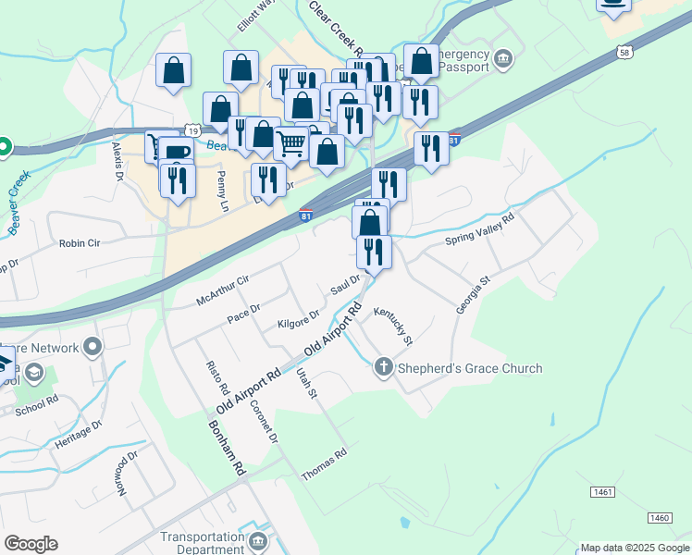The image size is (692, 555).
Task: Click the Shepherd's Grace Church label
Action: [470, 368]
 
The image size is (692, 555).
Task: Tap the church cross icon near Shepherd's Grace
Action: [384, 368]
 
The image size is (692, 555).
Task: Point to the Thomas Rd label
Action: [324, 465]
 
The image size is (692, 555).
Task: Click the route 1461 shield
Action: [601, 491]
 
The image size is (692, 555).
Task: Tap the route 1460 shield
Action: [660, 517]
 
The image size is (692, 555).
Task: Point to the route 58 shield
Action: [626, 53]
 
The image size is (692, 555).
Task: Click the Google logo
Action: [31, 544]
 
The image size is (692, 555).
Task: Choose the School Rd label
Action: [37, 403]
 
